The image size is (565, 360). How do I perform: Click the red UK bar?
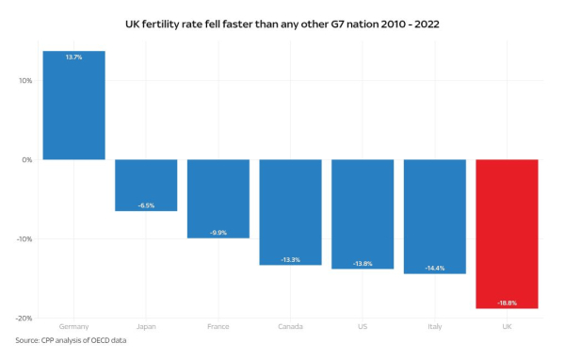(x=507, y=234)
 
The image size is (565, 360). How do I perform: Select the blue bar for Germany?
(x=73, y=106)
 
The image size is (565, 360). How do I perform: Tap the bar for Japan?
(x=146, y=185)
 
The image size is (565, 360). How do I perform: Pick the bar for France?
(x=218, y=198)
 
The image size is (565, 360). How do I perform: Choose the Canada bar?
(x=290, y=212)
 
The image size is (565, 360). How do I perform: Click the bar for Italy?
(x=434, y=216)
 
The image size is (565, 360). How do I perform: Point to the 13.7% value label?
(x=73, y=57)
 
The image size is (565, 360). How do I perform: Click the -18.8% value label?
(x=507, y=303)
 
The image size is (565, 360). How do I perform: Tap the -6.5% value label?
(x=146, y=205)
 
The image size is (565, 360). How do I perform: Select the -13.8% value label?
(x=363, y=263)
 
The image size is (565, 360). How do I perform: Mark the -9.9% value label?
(x=218, y=232)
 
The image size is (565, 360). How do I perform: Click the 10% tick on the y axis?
(x=25, y=81)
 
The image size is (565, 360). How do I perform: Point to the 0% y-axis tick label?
(x=27, y=160)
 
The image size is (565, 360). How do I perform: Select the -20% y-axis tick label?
(x=24, y=319)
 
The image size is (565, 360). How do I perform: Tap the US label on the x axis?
(x=363, y=327)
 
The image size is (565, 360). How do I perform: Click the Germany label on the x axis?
(x=73, y=327)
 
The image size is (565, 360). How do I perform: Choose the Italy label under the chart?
(x=434, y=327)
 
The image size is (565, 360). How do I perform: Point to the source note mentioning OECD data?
(x=71, y=340)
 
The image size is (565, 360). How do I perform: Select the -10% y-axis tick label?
(x=24, y=239)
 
